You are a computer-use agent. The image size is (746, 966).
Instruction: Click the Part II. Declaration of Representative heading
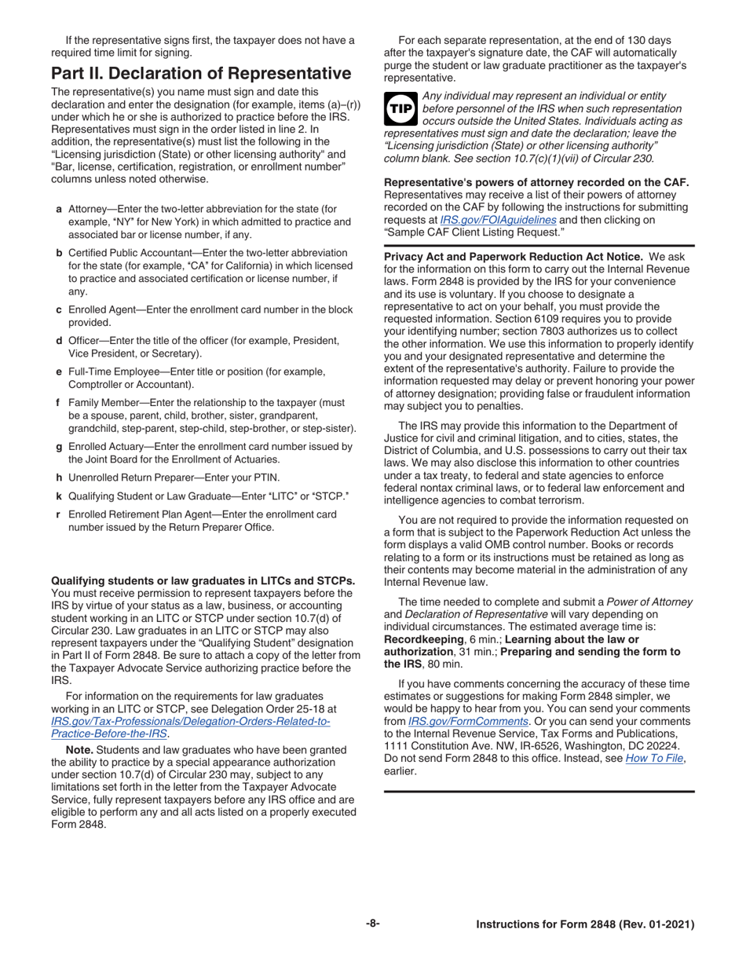(200, 74)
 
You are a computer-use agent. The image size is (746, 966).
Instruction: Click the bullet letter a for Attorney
(59, 210)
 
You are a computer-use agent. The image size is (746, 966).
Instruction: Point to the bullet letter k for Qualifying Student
(59, 496)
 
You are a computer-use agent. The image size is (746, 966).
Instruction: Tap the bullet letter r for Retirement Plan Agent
(59, 514)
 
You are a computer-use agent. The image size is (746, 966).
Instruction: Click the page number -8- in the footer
(372, 924)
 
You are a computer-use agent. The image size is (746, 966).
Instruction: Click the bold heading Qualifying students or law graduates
(203, 581)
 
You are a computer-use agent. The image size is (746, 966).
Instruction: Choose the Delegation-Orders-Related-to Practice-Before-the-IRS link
(188, 721)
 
